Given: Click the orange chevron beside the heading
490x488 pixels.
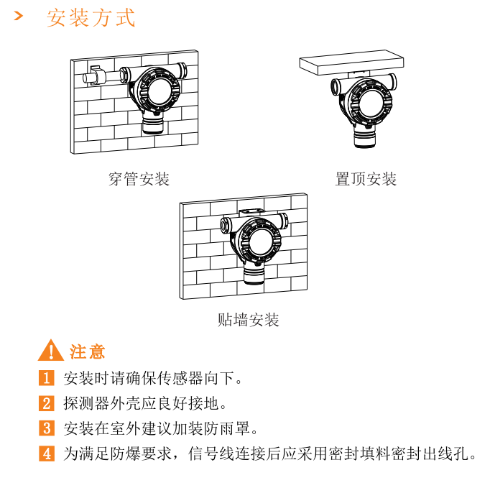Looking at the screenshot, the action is pyautogui.click(x=19, y=16).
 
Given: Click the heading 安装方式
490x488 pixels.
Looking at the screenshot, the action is pyautogui.click(x=91, y=18).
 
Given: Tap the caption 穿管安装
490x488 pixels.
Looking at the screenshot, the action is pyautogui.click(x=139, y=179).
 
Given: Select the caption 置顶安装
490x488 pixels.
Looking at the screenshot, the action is pyautogui.click(x=366, y=179).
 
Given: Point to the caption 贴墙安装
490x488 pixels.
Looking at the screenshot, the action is pyautogui.click(x=248, y=320).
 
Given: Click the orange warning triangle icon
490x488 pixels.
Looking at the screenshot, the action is pyautogui.click(x=50, y=350).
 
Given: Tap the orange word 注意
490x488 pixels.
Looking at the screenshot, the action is pyautogui.click(x=87, y=351).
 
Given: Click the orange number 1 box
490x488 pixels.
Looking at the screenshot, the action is pyautogui.click(x=47, y=377).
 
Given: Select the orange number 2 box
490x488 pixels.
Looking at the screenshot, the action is pyautogui.click(x=47, y=403).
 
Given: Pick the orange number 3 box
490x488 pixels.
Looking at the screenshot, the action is pyautogui.click(x=47, y=428).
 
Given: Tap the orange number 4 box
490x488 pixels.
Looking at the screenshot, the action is pyautogui.click(x=47, y=454).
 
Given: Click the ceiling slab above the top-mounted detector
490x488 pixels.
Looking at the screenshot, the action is pyautogui.click(x=351, y=63).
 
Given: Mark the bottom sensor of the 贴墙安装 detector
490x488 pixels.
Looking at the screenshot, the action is pyautogui.click(x=254, y=274).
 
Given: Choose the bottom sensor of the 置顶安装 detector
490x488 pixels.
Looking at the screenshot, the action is pyautogui.click(x=364, y=137).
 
